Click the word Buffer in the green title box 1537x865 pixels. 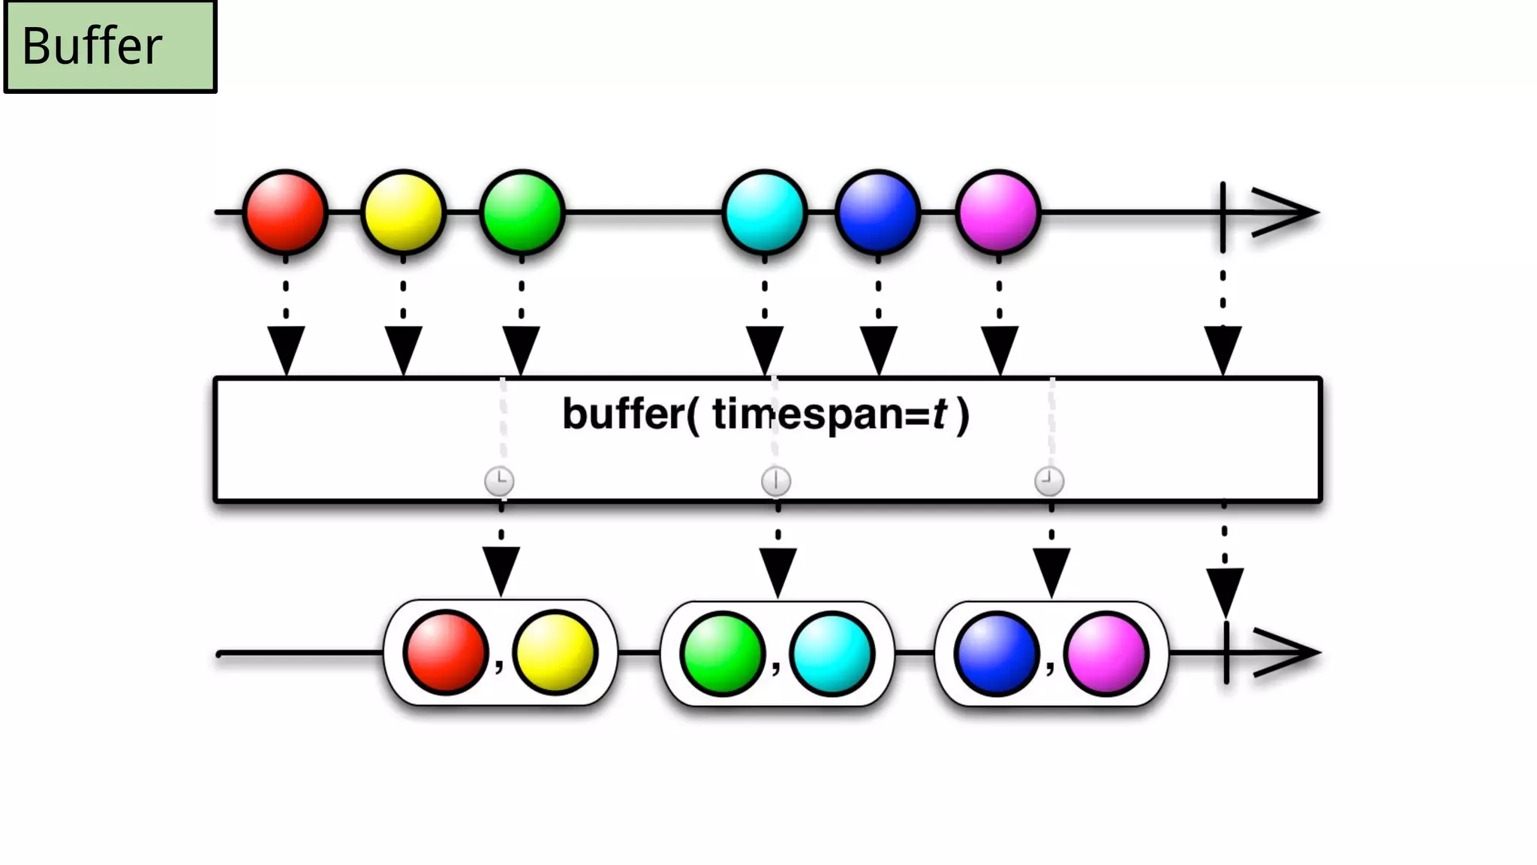(x=92, y=46)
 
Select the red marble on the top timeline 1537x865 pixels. (x=285, y=212)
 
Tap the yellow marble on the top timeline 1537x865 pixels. (x=403, y=212)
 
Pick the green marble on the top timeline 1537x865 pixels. (x=522, y=212)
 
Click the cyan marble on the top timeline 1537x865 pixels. (x=765, y=212)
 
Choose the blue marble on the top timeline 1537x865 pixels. (x=877, y=212)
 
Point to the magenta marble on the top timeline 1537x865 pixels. (x=998, y=212)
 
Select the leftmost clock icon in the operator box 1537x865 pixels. (x=499, y=481)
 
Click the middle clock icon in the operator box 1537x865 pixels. (x=776, y=481)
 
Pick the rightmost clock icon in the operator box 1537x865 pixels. (x=1049, y=481)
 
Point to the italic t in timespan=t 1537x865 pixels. (x=939, y=414)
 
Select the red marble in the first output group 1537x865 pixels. (x=445, y=652)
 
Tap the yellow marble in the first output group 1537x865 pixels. (x=555, y=652)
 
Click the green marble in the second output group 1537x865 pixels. (x=722, y=653)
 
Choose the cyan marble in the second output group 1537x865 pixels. (x=832, y=653)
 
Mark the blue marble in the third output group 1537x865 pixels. (x=996, y=653)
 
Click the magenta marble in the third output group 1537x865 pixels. (x=1106, y=653)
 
